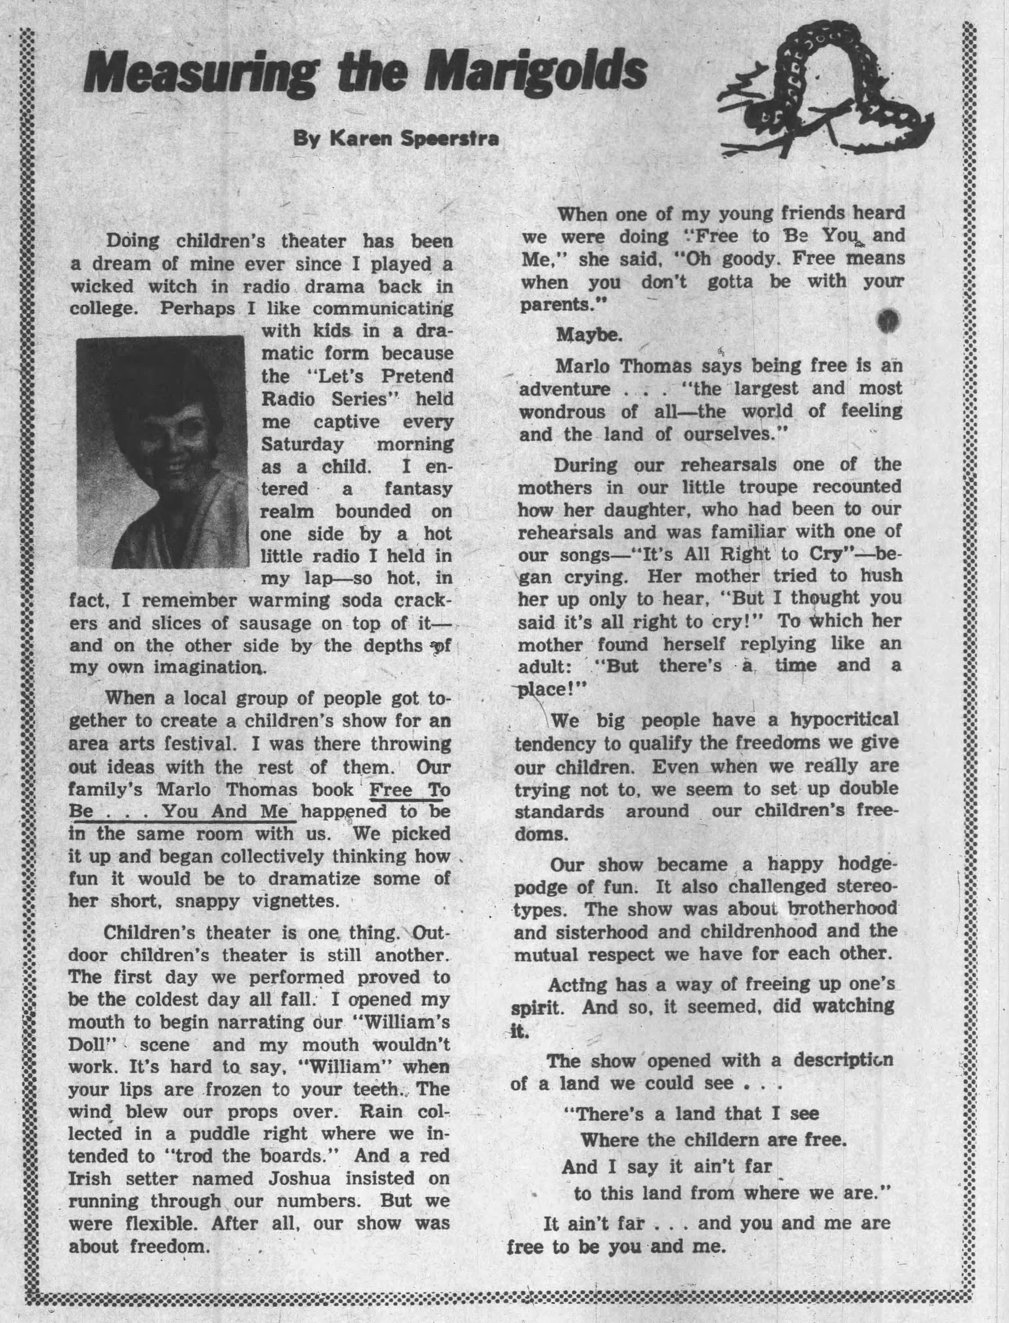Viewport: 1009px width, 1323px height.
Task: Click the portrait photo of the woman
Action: (x=162, y=452)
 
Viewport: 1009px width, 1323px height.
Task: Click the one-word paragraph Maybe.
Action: (x=589, y=335)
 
